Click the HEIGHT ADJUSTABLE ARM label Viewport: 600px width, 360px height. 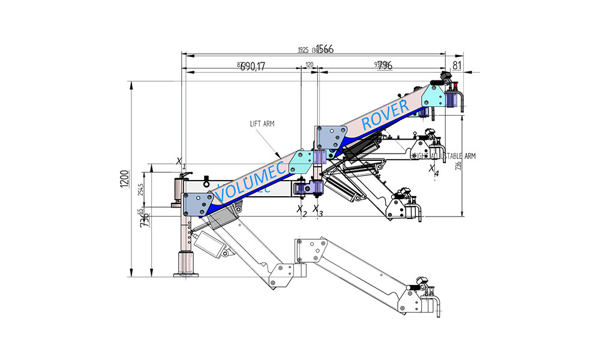pos(443,156)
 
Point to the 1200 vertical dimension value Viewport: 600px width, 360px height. pos(124,179)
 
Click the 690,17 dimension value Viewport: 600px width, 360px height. pos(253,67)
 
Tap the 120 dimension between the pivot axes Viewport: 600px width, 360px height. pos(310,64)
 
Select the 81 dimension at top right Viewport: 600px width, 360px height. pos(457,65)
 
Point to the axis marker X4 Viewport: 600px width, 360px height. pos(433,170)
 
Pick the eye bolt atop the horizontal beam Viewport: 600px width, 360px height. pos(206,179)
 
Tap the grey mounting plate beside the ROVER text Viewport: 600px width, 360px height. pos(433,95)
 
